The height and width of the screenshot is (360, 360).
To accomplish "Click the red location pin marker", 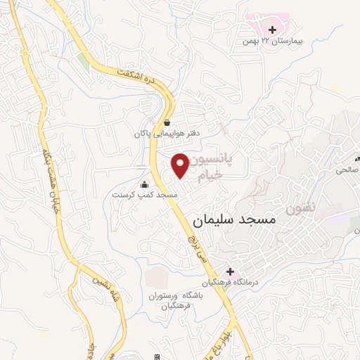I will click(x=181, y=165).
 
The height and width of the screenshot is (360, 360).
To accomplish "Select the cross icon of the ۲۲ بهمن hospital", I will click(x=272, y=30).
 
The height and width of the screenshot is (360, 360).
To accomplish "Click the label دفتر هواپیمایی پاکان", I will click(x=165, y=132).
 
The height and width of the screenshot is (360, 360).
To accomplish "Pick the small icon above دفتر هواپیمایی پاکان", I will click(x=166, y=122).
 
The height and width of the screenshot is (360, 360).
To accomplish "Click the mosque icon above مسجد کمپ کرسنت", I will click(x=145, y=184).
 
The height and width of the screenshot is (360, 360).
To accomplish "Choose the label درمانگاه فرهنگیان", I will click(x=227, y=283).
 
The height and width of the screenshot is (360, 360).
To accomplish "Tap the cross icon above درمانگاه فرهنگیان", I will click(x=229, y=271).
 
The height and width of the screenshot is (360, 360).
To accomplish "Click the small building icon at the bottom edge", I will click(x=156, y=356).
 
